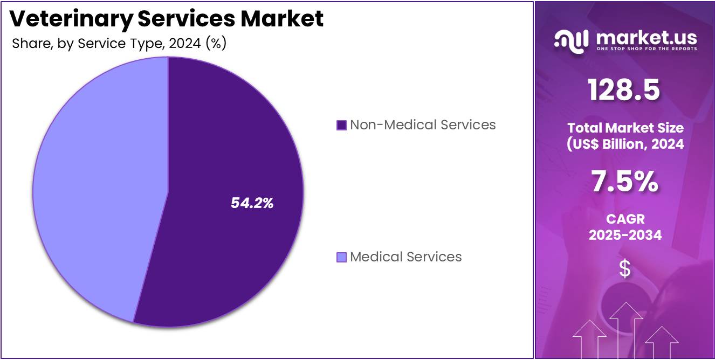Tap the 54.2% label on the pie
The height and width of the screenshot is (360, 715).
pos(252,203)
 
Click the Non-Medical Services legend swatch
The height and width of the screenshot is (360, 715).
pos(341,126)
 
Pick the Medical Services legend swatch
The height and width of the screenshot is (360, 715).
pos(341,258)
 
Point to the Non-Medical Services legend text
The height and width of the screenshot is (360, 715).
pos(423,125)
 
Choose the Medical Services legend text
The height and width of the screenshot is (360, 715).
pos(406,257)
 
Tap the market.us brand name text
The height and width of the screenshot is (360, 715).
pos(646,37)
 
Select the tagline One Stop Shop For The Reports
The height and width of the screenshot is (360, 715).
pos(646,49)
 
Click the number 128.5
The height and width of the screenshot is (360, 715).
pos(624,90)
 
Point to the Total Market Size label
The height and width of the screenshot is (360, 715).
pos(624,128)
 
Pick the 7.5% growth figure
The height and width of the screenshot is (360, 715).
pos(624,182)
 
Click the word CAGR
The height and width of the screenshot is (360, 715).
pos(624,219)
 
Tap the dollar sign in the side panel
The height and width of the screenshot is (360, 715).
pos(624,268)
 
